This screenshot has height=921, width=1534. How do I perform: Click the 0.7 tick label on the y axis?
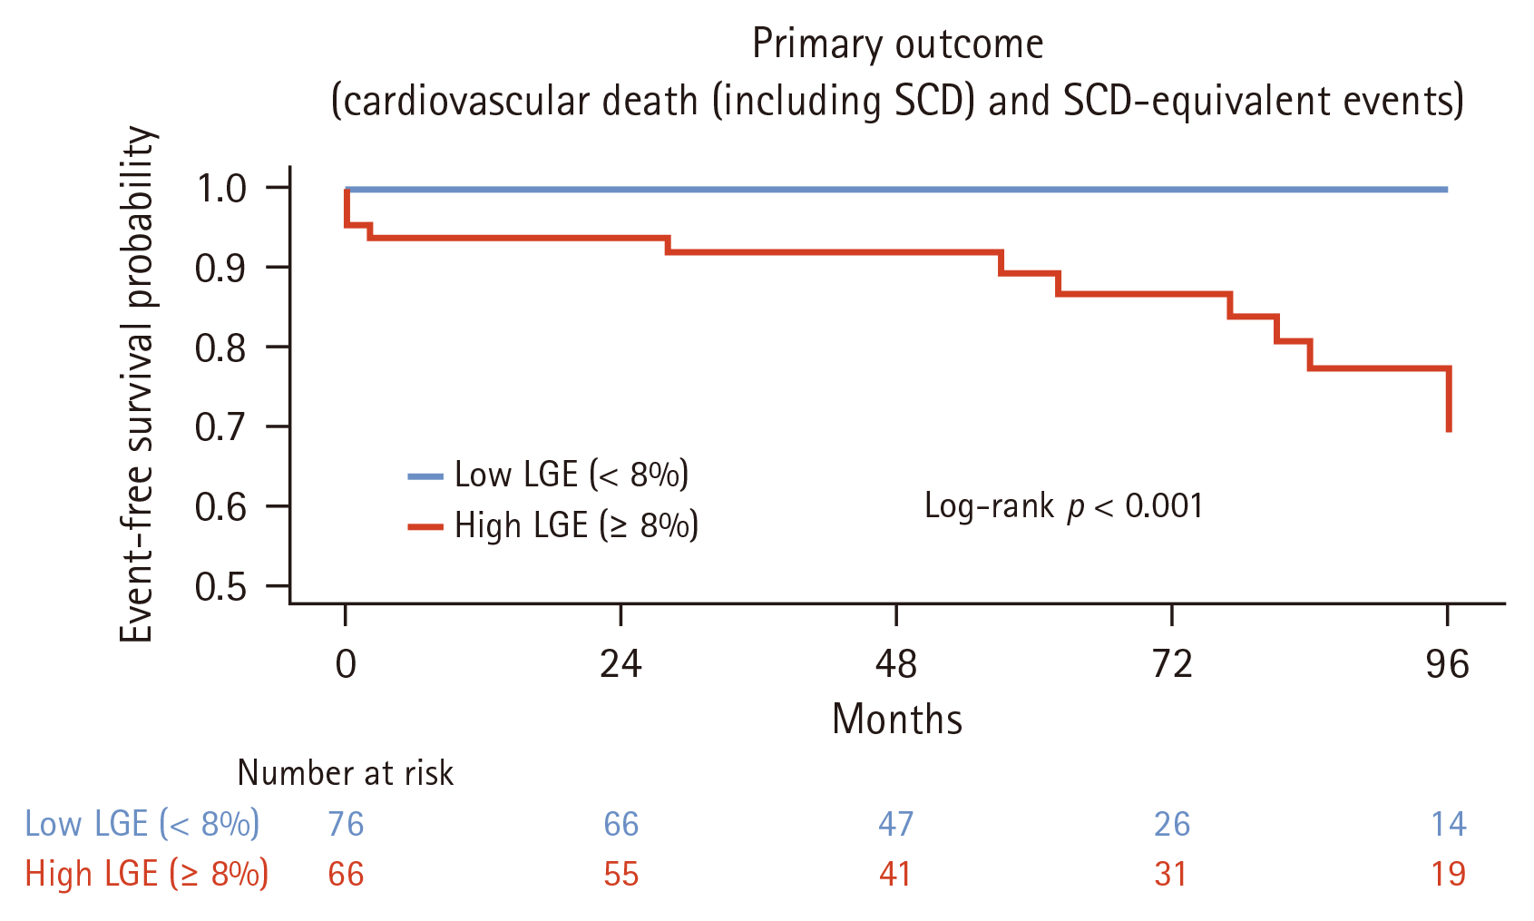tap(220, 427)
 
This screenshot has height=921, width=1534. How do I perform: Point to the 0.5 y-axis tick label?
tap(220, 587)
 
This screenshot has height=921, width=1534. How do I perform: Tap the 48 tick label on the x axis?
tap(895, 664)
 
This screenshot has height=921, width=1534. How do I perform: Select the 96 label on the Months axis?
tap(1447, 664)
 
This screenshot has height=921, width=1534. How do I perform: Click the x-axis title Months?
tap(897, 719)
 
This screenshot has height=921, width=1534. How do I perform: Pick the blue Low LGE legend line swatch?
tap(425, 475)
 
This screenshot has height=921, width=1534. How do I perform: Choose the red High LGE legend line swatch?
tap(425, 526)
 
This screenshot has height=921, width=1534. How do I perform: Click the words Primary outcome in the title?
tap(898, 44)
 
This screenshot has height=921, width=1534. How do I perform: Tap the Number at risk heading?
tap(345, 773)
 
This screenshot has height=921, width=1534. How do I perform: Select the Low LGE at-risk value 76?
tap(346, 824)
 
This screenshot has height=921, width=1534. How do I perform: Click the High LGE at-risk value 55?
tap(621, 875)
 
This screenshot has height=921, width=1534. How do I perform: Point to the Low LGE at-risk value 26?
tap(1172, 824)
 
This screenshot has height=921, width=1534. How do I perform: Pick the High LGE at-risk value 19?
tap(1449, 875)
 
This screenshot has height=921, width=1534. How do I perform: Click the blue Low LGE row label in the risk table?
tap(142, 824)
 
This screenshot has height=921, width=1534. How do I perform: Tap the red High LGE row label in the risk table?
tap(147, 875)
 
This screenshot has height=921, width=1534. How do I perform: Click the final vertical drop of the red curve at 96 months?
tap(1449, 400)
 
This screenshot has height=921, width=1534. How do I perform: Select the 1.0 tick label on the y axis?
tap(220, 189)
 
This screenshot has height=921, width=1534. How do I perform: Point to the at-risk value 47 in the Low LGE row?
tap(895, 824)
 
